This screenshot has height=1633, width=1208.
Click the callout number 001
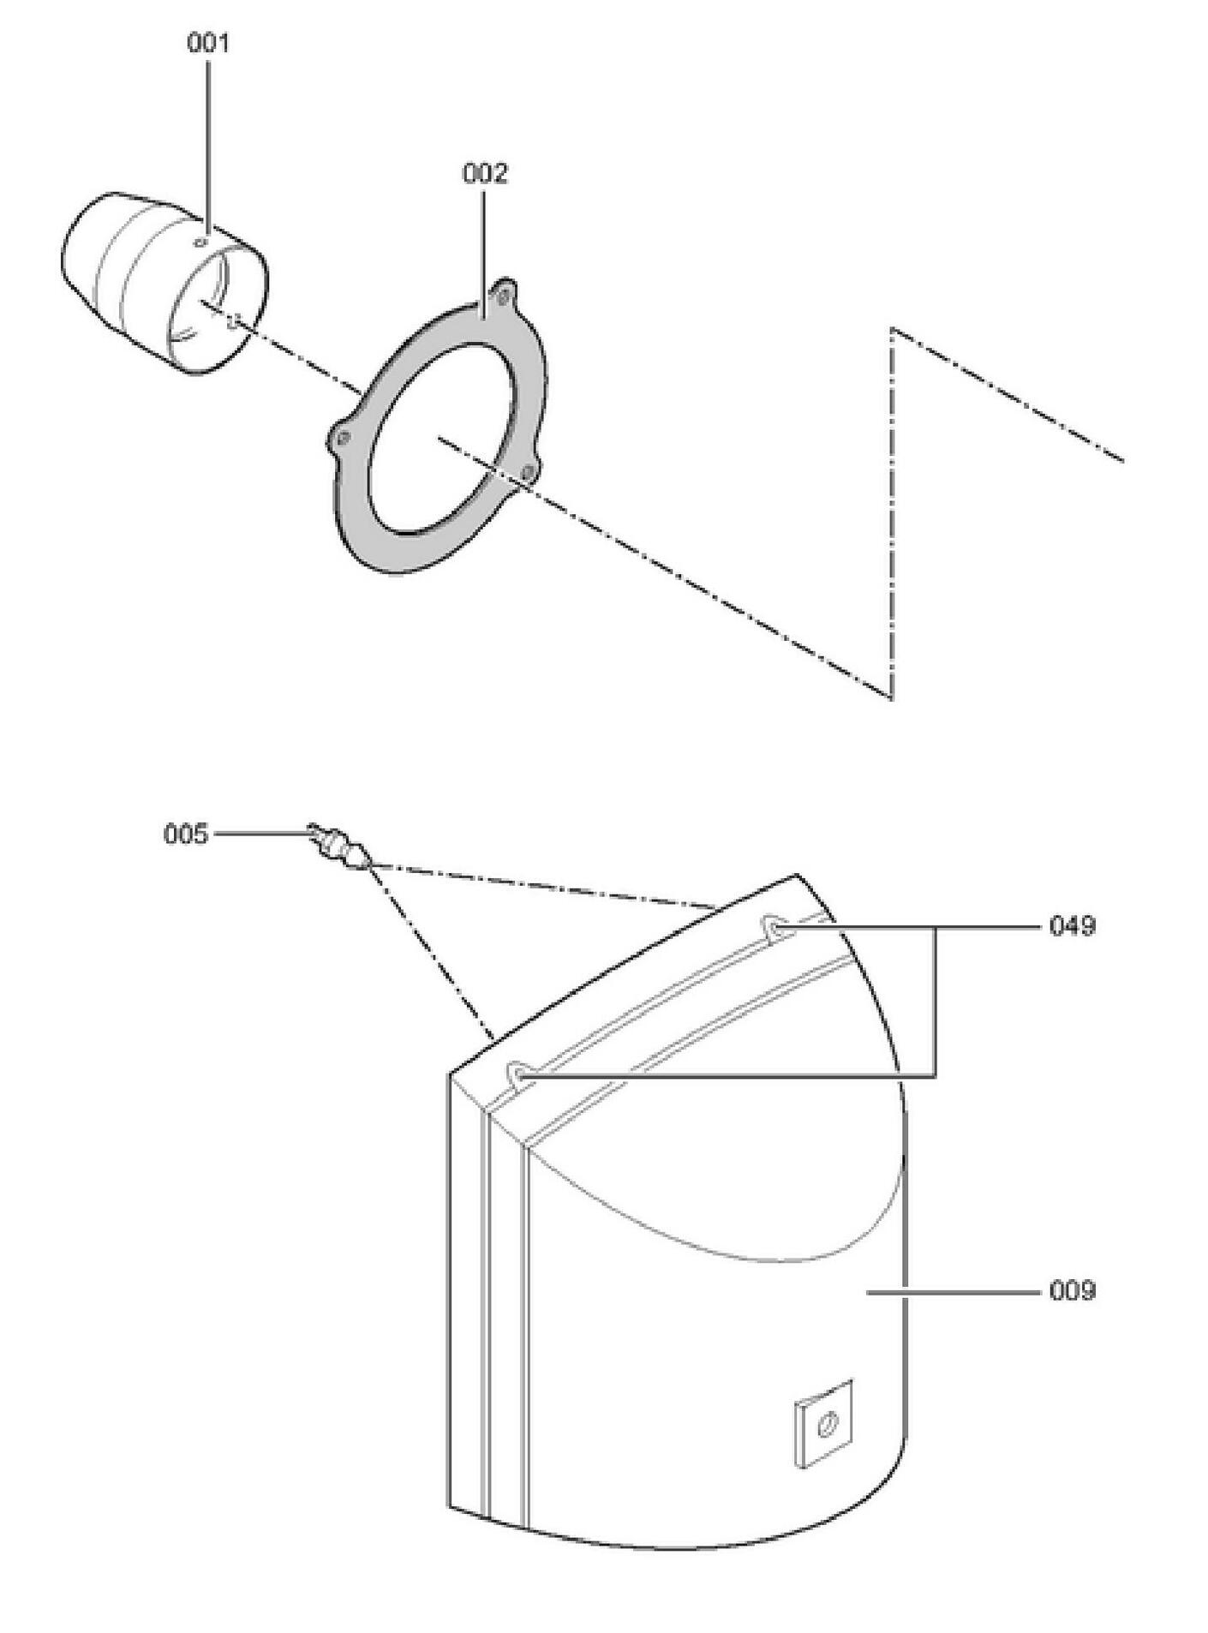click(208, 43)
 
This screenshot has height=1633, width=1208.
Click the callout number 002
click(485, 173)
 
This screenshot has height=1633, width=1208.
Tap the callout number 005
click(186, 834)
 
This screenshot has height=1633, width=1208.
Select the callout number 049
click(1072, 926)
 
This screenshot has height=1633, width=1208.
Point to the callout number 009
click(1072, 1290)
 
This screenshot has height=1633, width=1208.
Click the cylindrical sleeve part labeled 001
click(164, 283)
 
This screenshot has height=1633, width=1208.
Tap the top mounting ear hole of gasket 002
click(504, 297)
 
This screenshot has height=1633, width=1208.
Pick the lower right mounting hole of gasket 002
click(529, 470)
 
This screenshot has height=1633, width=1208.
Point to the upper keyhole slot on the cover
click(774, 927)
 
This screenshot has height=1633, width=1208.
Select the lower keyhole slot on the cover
click(520, 1074)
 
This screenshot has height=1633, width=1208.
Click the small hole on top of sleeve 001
click(201, 242)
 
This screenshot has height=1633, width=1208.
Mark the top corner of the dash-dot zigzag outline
click(893, 328)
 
